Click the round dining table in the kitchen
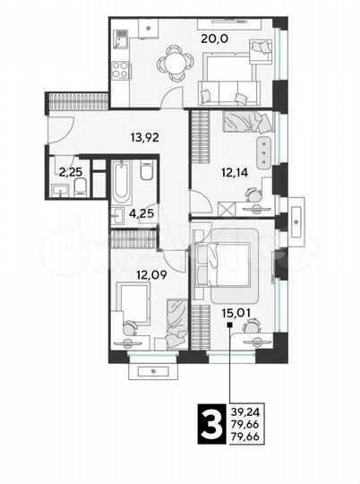coord(172,63)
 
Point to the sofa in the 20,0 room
coord(229,90)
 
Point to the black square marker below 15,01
coord(230,326)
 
